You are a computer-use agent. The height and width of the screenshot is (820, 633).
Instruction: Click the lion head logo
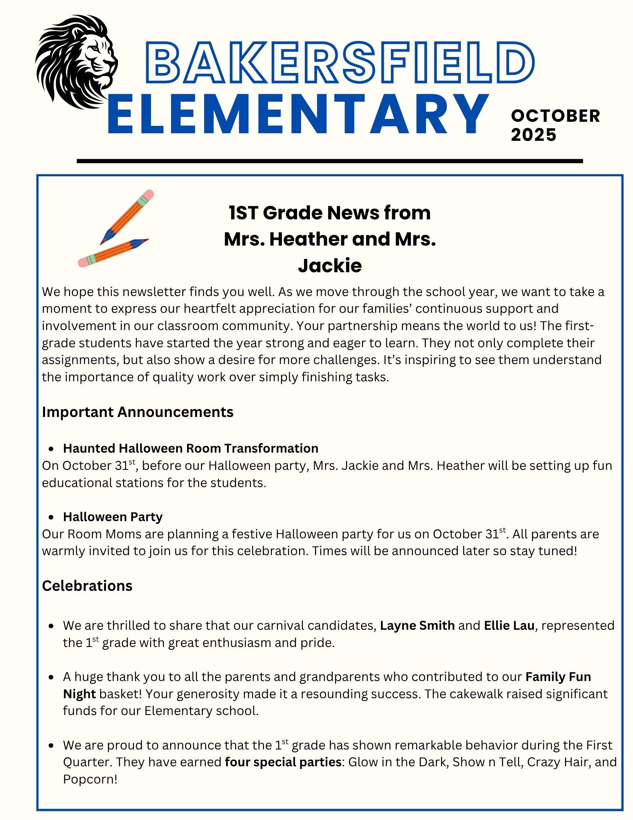[76, 61]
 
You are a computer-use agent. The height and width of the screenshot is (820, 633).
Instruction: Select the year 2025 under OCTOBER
[533, 135]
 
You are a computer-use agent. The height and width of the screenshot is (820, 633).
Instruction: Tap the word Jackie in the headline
[330, 266]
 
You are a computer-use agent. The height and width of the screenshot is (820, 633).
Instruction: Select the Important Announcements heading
[138, 412]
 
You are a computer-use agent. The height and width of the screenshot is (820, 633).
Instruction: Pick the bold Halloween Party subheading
[113, 517]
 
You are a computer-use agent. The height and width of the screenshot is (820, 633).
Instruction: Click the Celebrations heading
[87, 586]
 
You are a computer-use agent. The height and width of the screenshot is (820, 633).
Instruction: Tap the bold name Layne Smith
[417, 625]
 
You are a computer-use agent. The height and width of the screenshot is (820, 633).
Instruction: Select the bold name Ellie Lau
[509, 625]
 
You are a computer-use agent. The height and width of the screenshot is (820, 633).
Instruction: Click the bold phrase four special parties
[283, 762]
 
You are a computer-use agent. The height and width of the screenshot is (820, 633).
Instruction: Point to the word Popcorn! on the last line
[90, 779]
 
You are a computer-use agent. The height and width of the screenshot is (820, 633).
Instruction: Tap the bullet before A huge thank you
[52, 677]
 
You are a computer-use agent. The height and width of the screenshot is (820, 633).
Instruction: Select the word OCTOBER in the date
[555, 116]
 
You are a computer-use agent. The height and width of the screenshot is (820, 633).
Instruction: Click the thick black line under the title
[330, 161]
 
